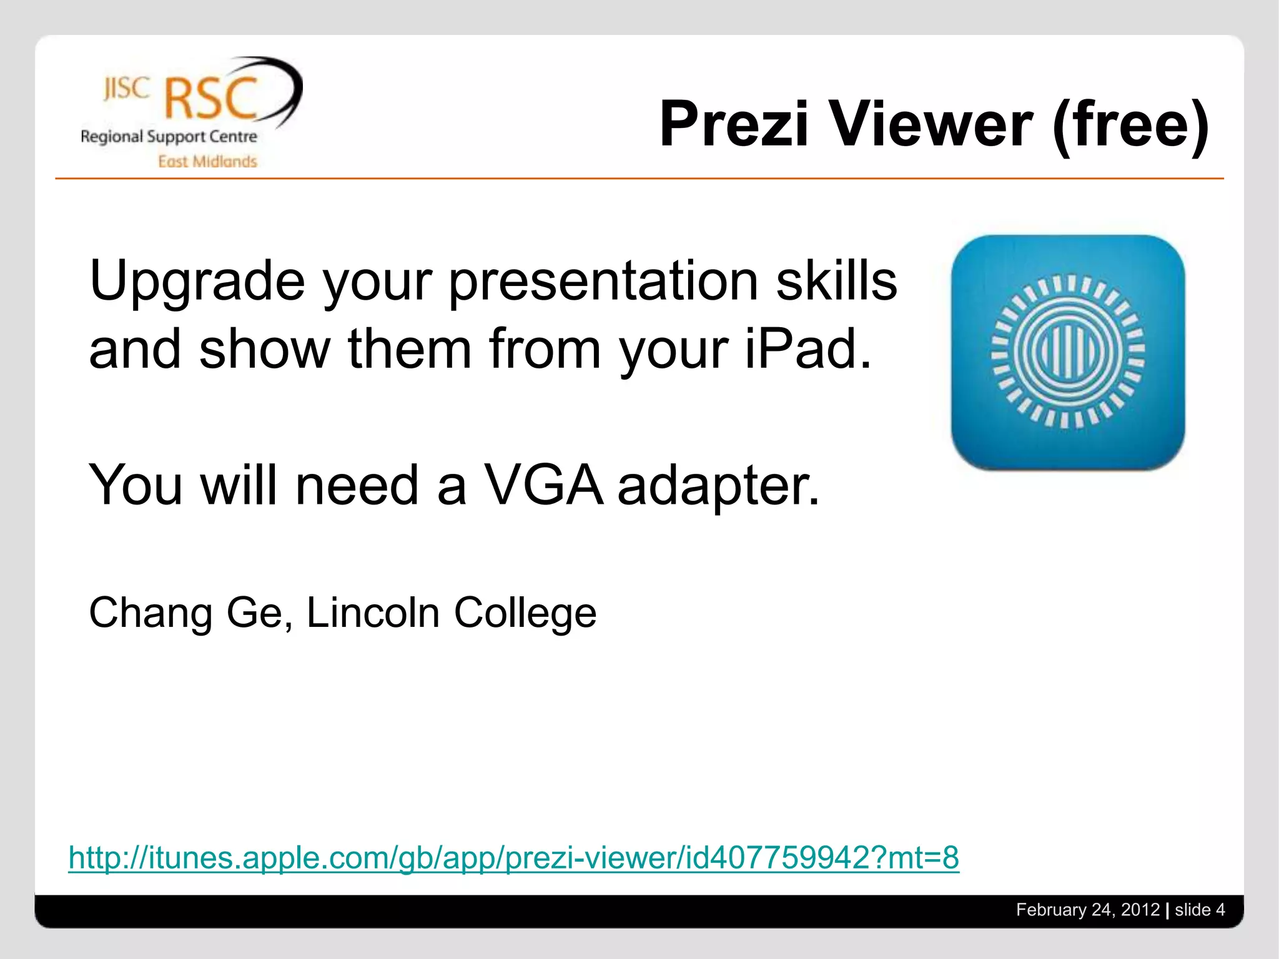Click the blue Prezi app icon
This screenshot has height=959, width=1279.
click(1067, 352)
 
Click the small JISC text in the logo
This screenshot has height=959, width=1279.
click(127, 89)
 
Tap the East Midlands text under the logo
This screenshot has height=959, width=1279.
click(207, 162)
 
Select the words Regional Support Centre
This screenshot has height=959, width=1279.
click(169, 137)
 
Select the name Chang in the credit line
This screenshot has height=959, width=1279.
click(150, 613)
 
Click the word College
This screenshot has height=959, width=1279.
click(525, 613)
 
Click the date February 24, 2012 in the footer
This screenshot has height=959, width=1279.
click(1087, 910)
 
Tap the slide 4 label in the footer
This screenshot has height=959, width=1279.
click(1199, 910)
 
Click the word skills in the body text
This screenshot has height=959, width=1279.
click(836, 281)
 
